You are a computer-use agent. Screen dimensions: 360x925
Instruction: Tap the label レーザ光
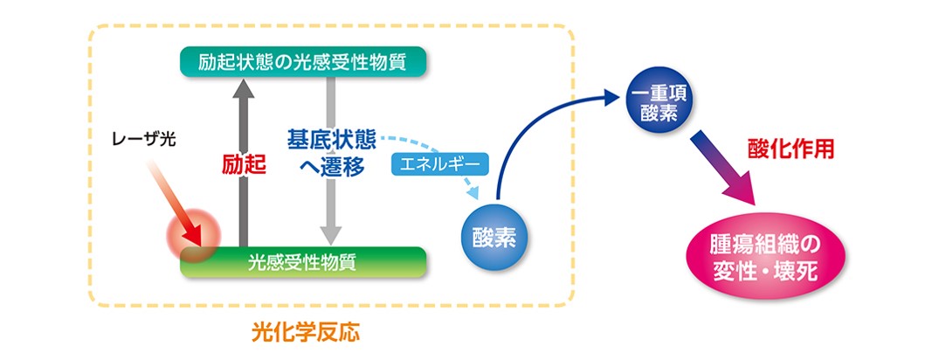(x=146, y=138)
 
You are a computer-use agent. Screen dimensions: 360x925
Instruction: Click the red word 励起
(x=240, y=163)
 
